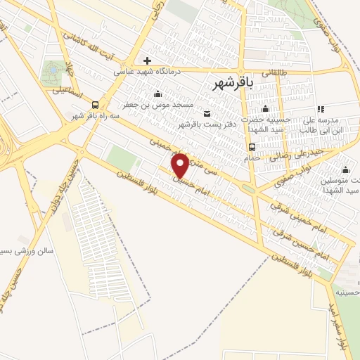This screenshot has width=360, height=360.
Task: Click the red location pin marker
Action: tap(180, 165)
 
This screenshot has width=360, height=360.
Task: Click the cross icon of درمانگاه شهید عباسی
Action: tap(147, 60)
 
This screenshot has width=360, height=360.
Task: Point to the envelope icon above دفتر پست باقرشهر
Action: tap(206, 114)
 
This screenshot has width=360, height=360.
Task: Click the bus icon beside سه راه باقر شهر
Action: tap(96, 103)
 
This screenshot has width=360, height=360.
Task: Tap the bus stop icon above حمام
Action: tap(251, 146)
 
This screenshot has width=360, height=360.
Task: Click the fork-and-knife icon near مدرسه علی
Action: tap(321, 109)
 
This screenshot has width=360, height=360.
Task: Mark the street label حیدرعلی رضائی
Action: tap(304, 154)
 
